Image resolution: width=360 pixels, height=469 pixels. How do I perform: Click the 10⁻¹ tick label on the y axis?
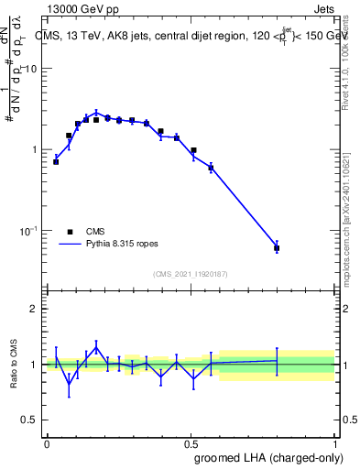(x=31, y=230)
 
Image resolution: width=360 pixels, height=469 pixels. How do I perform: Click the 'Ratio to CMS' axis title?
(x=15, y=364)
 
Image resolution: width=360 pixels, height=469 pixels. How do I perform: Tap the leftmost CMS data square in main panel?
(x=56, y=161)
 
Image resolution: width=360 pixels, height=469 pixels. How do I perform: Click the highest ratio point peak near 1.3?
(x=96, y=347)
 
